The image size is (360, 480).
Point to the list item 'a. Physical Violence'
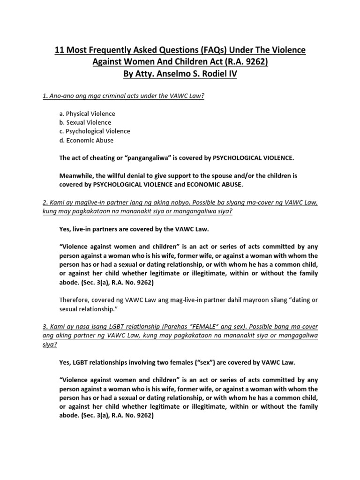pyautogui.click(x=88, y=114)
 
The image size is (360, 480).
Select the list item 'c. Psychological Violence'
pyautogui.click(x=94, y=131)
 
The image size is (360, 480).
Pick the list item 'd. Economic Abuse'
pyautogui.click(x=86, y=140)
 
